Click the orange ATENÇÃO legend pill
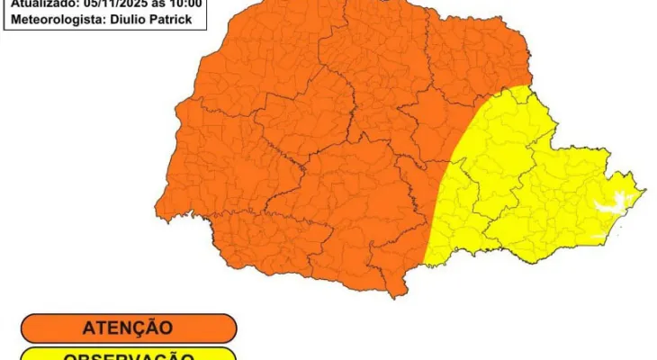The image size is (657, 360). (128, 328)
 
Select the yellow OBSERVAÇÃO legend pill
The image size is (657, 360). (128, 355)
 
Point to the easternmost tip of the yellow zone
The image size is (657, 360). (644, 190)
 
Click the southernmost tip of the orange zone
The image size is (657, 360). (393, 296)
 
